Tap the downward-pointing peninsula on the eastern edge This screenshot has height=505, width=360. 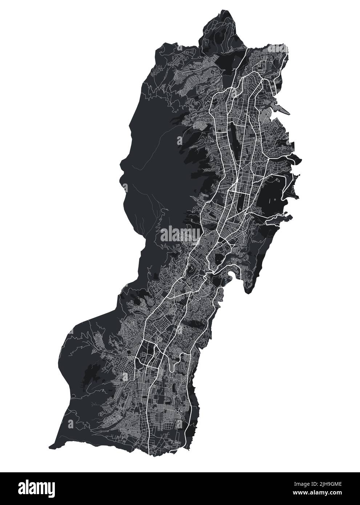pyautogui.click(x=249, y=287)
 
